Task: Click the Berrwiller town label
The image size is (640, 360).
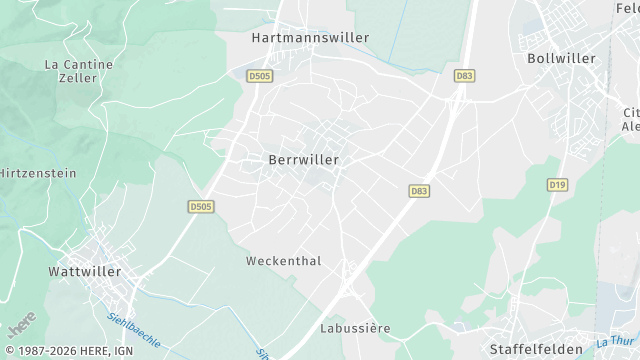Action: [x=304, y=159]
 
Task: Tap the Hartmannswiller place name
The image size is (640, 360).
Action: [x=311, y=38]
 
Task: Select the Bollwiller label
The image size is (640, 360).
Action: [x=561, y=58]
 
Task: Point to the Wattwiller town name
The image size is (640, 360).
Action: [x=85, y=271]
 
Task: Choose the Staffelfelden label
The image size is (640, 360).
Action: [x=536, y=335]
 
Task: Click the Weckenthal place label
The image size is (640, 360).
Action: [x=284, y=261]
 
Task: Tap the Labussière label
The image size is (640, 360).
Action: [x=355, y=328]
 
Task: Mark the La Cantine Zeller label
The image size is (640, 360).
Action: [x=79, y=70]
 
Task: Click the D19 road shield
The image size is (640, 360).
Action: [x=557, y=185]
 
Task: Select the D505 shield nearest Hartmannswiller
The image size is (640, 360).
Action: [x=259, y=75]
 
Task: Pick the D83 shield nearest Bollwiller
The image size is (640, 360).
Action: [x=465, y=75]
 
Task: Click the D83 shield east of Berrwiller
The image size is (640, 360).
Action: [x=419, y=190]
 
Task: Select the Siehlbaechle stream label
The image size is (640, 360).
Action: [x=133, y=327]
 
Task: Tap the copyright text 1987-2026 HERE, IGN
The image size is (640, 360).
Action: [x=68, y=351]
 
